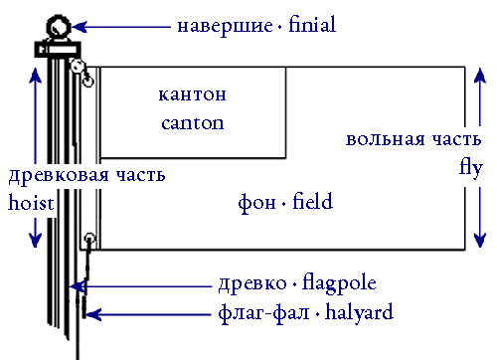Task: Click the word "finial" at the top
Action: [309, 25]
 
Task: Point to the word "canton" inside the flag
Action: [192, 124]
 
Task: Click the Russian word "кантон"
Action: [192, 95]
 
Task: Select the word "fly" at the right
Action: [470, 166]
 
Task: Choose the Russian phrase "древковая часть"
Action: [86, 175]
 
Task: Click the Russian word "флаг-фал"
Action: [258, 312]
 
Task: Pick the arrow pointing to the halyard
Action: [149, 314]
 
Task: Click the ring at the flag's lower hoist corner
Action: [89, 238]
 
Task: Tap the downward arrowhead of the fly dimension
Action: [480, 239]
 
